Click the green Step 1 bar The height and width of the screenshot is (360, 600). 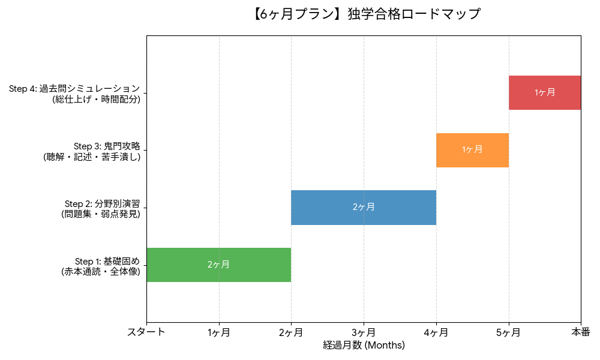(x=180, y=265)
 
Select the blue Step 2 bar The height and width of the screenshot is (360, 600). (x=324, y=207)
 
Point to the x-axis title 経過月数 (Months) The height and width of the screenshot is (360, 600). (x=364, y=345)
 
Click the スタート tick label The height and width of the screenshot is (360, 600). (x=146, y=332)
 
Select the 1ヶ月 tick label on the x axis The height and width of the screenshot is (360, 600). (x=219, y=332)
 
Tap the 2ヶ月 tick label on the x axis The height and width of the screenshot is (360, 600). (x=291, y=332)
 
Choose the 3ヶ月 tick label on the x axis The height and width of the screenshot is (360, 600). (x=364, y=332)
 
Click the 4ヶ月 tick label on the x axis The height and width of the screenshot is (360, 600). (x=436, y=332)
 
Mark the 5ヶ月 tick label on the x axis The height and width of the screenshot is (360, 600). (x=509, y=332)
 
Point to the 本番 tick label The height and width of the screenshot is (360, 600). (x=580, y=332)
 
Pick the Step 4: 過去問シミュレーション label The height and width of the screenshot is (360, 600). (x=74, y=94)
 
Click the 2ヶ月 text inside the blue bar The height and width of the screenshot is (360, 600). (x=364, y=207)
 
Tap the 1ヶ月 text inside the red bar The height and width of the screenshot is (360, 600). (x=545, y=92)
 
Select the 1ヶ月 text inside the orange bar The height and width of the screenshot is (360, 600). (x=472, y=150)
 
